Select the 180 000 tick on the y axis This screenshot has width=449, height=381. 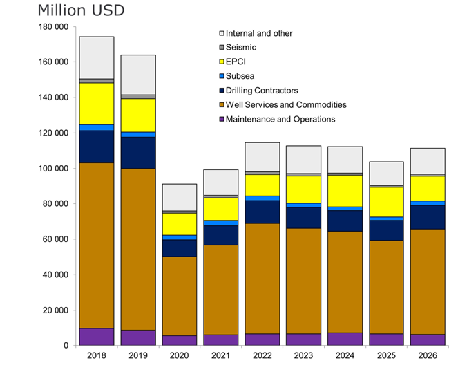point(55,26)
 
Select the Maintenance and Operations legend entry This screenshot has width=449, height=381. point(280,119)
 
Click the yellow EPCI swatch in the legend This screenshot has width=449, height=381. point(221,62)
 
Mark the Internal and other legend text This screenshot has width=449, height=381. point(259,33)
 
